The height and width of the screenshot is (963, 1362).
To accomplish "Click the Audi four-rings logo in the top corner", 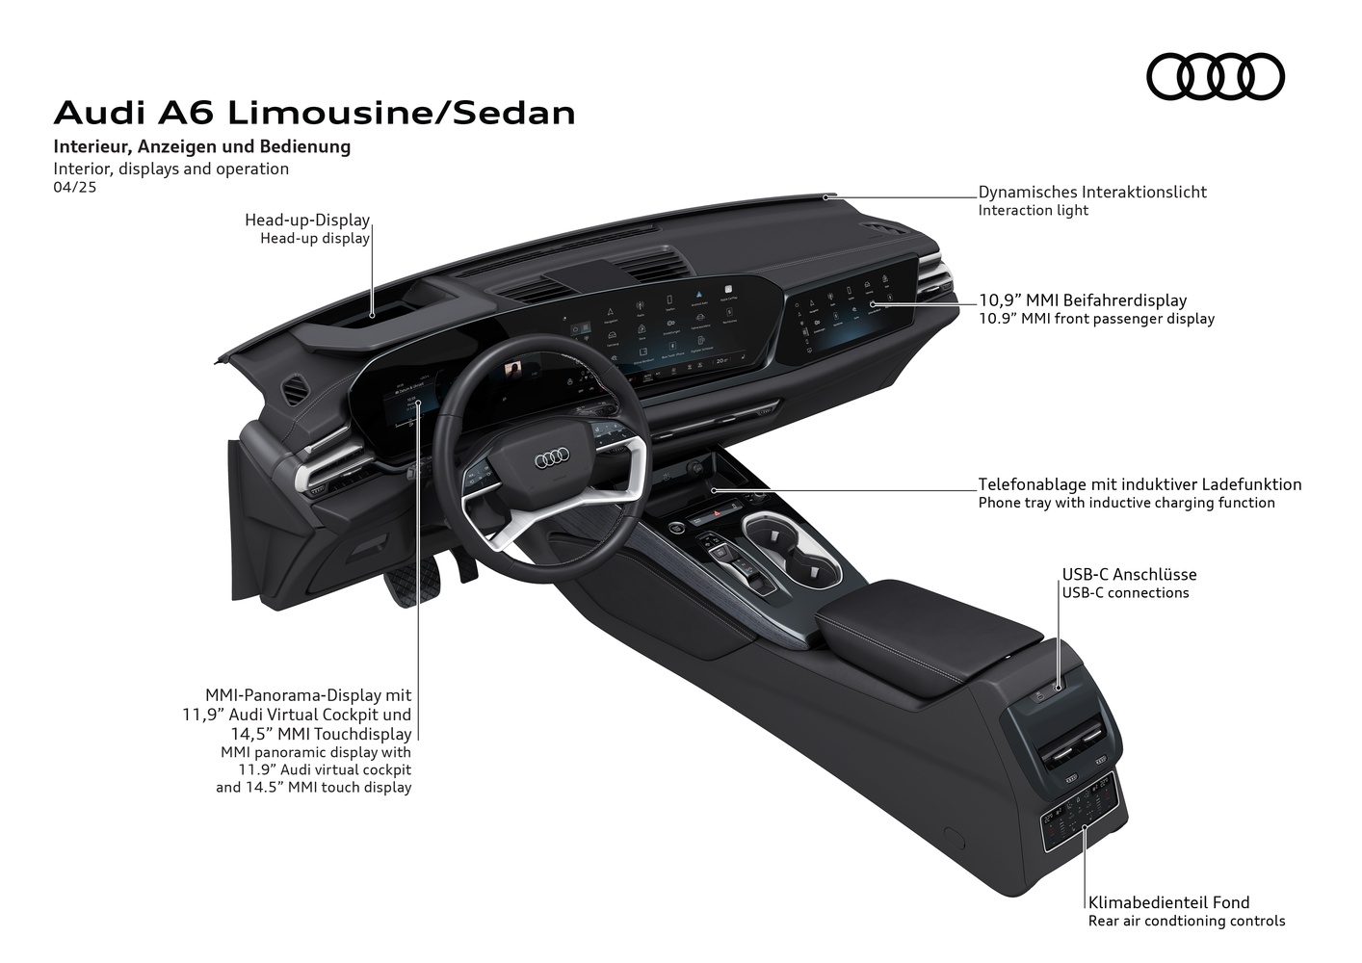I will pos(1215,76).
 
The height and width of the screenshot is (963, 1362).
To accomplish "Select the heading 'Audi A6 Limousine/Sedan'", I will pos(314,113).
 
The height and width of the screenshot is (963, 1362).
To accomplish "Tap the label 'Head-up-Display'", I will pos(307,221).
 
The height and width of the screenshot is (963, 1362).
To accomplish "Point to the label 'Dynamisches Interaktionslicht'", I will pos(1092,192).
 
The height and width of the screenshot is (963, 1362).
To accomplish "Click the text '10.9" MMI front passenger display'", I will pos(1096,319).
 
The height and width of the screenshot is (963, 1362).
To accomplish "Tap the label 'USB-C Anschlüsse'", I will pos(1129,575).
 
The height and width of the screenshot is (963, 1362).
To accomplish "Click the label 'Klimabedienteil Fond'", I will pos(1168,902).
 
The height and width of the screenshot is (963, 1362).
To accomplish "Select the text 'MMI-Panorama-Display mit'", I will pos(308,694).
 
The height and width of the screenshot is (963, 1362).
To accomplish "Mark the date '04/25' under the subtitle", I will pos(75,188).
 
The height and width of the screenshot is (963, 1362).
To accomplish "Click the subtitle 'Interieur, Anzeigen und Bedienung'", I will pos(202,147).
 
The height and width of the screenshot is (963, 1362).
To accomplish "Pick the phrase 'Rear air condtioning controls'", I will pos(1187,921).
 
